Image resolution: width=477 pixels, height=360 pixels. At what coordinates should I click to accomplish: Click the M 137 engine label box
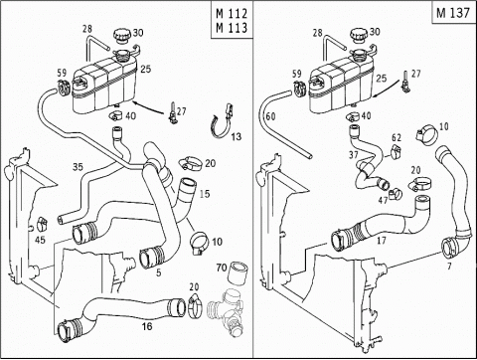454,12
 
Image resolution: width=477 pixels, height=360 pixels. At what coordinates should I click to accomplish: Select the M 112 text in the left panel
232,14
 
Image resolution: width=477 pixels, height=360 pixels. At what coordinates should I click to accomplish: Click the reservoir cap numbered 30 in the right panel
359,35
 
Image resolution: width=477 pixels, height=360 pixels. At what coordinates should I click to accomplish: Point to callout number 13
237,136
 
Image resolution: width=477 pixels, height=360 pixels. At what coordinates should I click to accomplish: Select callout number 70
222,268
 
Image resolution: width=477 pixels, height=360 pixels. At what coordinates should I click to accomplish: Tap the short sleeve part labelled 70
238,271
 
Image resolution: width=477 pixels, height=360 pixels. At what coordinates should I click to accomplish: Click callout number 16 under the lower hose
147,326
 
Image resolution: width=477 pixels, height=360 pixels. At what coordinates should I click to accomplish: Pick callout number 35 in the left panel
78,167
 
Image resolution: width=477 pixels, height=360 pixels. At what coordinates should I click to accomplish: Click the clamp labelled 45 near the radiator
42,224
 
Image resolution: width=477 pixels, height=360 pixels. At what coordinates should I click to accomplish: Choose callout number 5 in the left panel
159,272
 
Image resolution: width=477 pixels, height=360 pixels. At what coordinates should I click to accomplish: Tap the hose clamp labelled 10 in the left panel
200,244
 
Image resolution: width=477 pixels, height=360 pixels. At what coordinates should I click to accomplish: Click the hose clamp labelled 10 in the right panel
426,134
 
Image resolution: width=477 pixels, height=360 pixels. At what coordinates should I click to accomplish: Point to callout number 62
397,137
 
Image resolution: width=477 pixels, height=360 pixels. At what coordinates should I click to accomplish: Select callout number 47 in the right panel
383,200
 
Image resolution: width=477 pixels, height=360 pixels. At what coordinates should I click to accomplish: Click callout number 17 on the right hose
382,240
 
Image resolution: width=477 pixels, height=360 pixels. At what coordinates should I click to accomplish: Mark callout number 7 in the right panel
449,266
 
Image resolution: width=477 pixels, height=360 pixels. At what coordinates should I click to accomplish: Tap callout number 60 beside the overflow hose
270,116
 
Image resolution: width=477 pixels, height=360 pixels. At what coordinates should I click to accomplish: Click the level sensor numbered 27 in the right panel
404,81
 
